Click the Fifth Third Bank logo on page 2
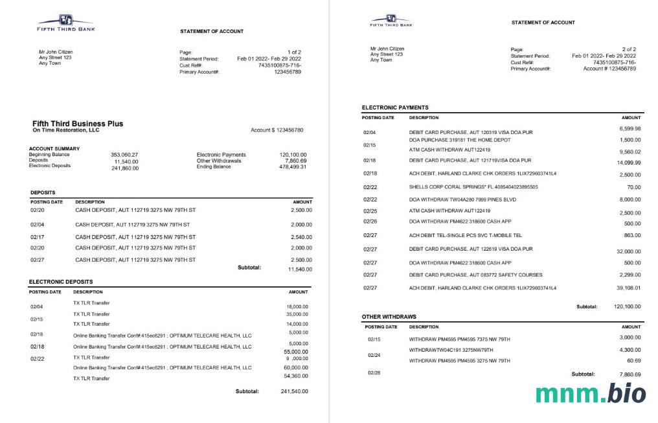click(391, 20)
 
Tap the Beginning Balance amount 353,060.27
click(124, 155)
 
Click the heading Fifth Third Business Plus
click(78, 123)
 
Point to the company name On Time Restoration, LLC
click(66, 130)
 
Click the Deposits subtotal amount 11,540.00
click(299, 269)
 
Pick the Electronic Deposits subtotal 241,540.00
click(294, 391)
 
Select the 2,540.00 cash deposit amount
click(300, 236)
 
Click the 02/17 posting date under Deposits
click(37, 236)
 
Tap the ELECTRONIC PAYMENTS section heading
click(395, 108)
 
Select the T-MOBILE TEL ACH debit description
click(465, 235)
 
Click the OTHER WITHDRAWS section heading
click(389, 316)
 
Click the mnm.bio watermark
click(590, 393)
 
